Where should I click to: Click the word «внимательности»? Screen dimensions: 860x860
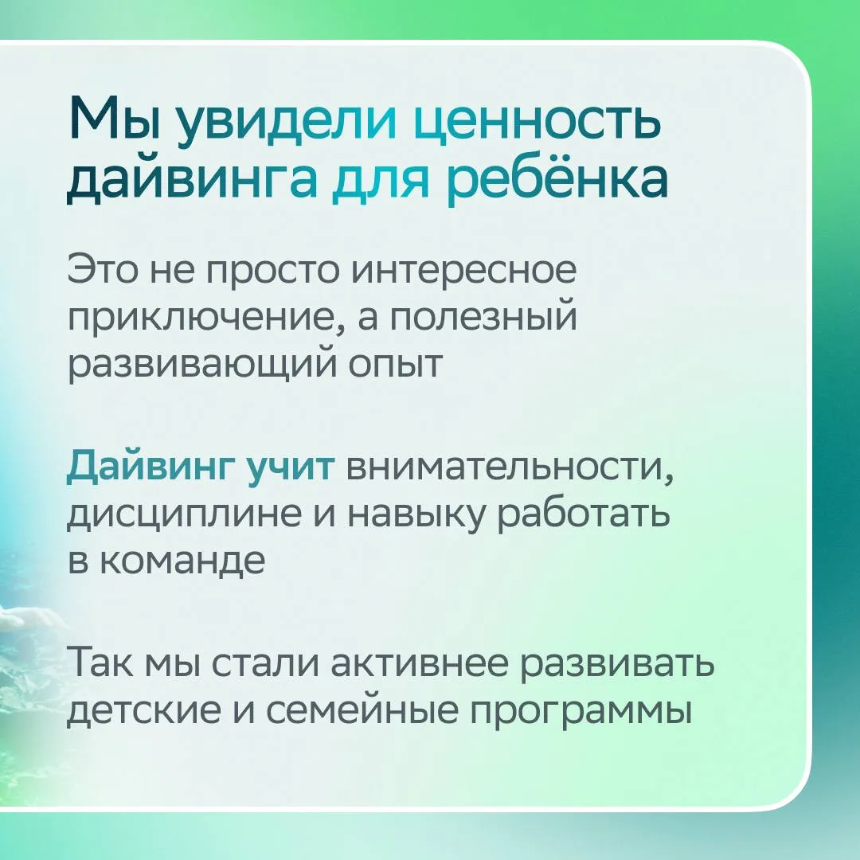click(510, 468)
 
